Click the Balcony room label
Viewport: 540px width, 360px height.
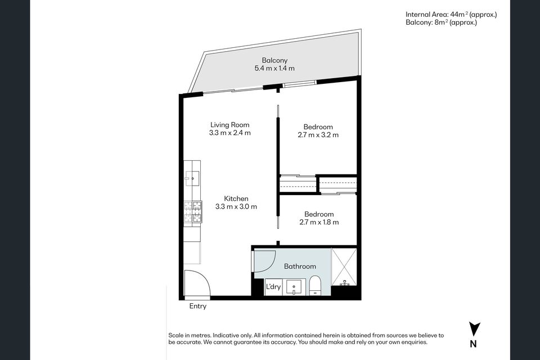click(274, 60)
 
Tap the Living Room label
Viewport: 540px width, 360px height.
click(229, 125)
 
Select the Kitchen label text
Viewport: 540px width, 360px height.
click(236, 199)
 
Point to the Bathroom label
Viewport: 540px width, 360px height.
click(300, 266)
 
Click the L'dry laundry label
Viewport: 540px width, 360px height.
click(273, 287)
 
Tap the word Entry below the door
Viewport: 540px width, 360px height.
click(197, 306)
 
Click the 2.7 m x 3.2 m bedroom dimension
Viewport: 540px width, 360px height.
click(318, 134)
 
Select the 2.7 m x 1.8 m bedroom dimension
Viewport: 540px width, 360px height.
click(319, 222)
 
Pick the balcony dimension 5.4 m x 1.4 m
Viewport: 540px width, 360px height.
click(274, 68)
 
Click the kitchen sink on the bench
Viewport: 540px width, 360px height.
click(192, 178)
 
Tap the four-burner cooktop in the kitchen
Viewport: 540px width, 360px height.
click(193, 212)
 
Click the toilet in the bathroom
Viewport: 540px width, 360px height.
click(315, 286)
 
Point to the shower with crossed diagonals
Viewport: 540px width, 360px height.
click(344, 267)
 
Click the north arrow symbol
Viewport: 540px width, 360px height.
click(474, 329)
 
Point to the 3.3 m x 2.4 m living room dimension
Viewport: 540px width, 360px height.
click(229, 133)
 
